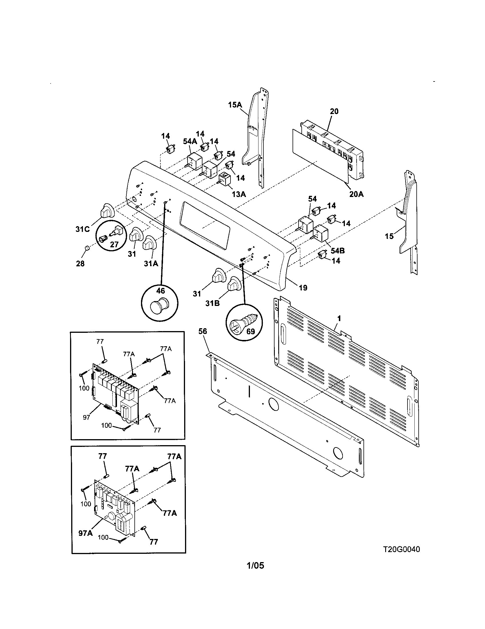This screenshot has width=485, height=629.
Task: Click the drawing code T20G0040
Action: (401, 549)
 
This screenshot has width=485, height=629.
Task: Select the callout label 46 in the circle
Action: (160, 290)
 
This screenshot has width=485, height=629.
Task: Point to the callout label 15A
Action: (235, 105)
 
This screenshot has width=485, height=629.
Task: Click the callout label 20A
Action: (356, 194)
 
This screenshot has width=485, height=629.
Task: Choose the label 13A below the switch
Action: (239, 194)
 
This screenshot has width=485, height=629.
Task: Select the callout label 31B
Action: (212, 303)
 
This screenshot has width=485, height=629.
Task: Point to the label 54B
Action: (337, 250)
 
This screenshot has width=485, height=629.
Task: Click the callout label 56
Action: (202, 331)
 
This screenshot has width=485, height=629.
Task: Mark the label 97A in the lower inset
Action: (86, 533)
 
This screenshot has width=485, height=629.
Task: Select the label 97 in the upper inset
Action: (86, 417)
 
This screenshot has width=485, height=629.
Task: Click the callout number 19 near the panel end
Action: (303, 287)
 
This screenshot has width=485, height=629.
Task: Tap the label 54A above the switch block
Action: (190, 142)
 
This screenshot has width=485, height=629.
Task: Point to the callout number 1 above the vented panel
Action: (339, 318)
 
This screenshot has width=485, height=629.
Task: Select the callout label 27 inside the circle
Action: (114, 244)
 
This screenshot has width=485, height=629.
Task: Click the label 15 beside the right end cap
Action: (389, 236)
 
